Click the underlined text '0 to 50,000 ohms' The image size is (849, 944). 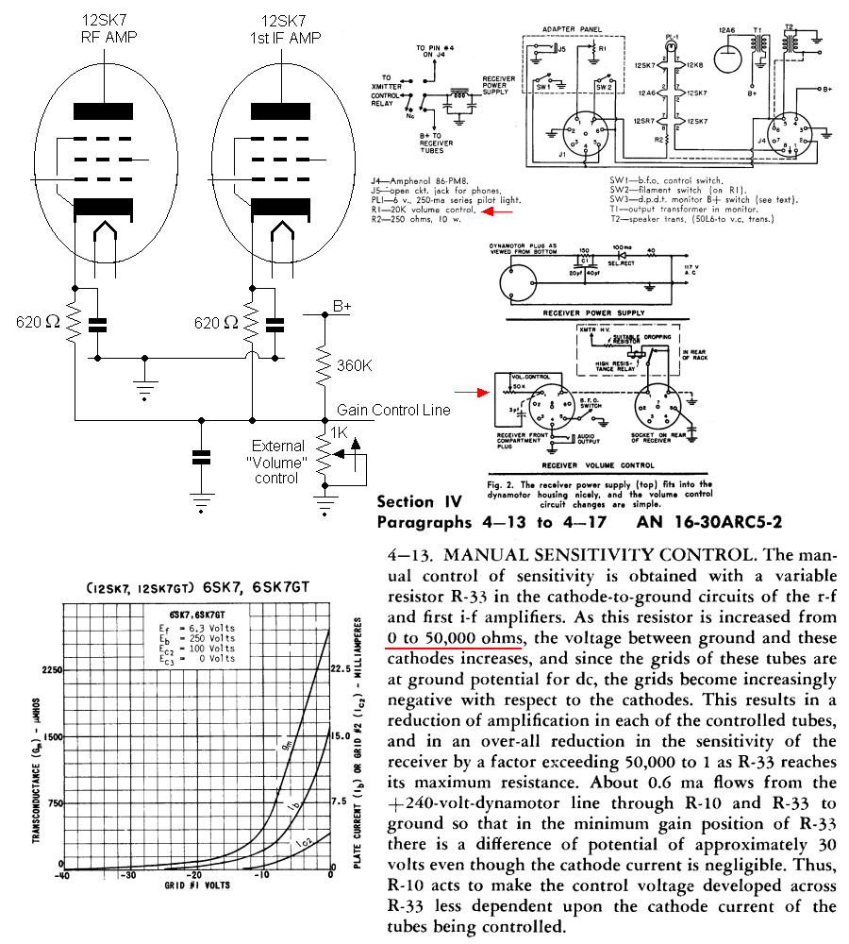454,640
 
